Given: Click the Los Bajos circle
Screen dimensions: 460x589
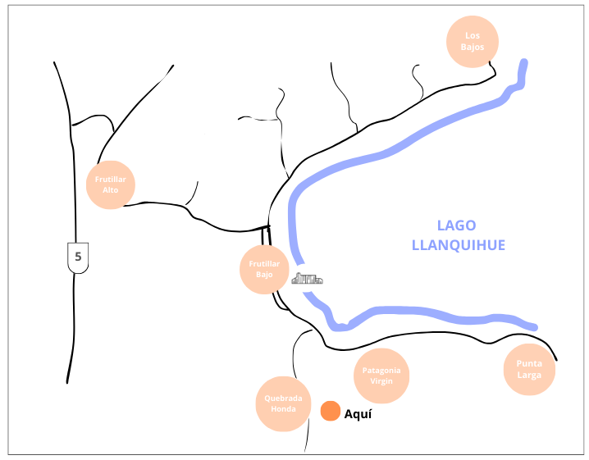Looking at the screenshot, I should click(x=472, y=41).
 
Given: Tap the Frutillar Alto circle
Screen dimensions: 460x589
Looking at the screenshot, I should click(x=110, y=184).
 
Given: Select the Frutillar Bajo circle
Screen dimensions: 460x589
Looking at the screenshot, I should click(x=264, y=269).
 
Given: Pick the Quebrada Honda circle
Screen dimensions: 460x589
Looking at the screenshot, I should click(x=284, y=404).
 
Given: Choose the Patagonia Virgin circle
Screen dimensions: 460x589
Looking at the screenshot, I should click(x=382, y=376).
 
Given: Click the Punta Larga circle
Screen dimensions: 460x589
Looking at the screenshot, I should click(x=529, y=370).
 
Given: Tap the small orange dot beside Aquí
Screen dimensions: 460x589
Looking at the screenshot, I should click(x=331, y=411).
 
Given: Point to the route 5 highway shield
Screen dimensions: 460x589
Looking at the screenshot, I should click(x=78, y=257).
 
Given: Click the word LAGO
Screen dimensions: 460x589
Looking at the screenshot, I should click(x=456, y=226).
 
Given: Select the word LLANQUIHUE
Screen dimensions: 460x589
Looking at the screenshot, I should click(x=458, y=244).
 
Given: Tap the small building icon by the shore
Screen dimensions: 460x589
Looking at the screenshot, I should click(x=307, y=279).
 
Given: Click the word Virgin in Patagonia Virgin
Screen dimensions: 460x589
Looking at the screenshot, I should click(x=382, y=381).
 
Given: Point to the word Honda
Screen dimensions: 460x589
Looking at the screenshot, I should click(x=283, y=409).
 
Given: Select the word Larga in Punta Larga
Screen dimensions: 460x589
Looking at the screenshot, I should click(x=529, y=376).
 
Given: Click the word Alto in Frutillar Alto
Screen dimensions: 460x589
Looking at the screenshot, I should click(x=110, y=190).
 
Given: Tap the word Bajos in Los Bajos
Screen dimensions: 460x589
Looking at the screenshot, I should click(x=472, y=47).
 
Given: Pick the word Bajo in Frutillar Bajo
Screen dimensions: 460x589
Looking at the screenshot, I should click(x=264, y=275).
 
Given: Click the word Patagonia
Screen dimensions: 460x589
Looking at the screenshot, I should click(x=382, y=371).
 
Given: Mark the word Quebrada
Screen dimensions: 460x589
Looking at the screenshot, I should click(x=284, y=399).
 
